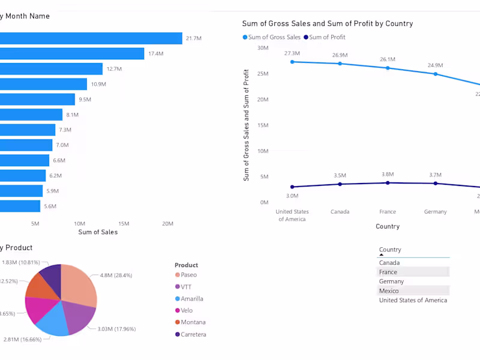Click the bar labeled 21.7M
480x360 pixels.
point(90,38)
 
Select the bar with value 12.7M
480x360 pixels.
point(51,69)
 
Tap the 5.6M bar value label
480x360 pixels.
point(50,206)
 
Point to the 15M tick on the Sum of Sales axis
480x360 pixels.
point(124,224)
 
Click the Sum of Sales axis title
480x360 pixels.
point(98,232)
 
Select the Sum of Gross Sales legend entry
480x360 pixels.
point(271,37)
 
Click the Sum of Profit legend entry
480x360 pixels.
point(325,37)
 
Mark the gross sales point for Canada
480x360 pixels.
point(340,64)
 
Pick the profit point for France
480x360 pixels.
point(388,183)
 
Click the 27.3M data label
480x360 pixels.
point(292,53)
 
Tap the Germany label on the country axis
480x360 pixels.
point(435,212)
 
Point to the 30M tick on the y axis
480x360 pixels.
point(263,47)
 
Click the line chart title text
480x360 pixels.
point(327,23)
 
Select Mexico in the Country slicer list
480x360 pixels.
point(389,291)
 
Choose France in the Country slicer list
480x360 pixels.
point(388,272)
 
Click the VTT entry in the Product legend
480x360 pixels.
point(186,287)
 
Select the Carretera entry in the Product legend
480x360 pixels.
point(193,334)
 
